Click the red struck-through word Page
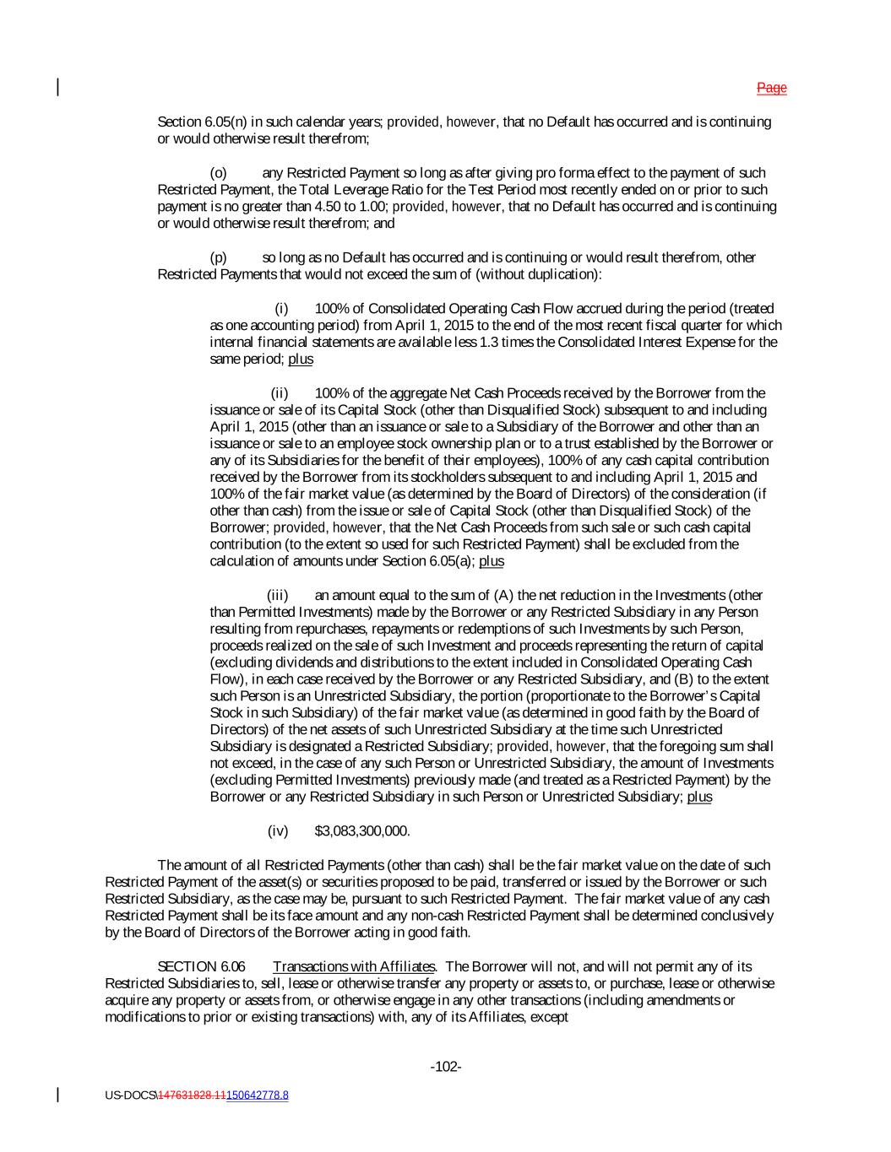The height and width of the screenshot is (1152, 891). [x=771, y=88]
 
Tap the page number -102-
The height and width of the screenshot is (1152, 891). [x=446, y=1067]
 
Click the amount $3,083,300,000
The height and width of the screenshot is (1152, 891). [x=362, y=831]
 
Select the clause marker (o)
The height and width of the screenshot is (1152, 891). [x=218, y=173]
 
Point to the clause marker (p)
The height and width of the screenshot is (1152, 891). [x=218, y=257]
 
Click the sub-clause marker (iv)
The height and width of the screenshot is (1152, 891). [x=278, y=831]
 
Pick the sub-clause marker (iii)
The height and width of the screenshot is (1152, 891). [x=278, y=595]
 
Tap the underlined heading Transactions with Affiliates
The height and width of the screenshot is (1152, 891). [x=354, y=966]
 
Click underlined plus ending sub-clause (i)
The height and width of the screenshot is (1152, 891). [x=301, y=359]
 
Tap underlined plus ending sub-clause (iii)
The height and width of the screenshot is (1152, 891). [x=699, y=798]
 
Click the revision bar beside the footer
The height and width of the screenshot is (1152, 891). [x=57, y=1095]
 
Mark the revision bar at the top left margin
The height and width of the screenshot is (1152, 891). [x=57, y=87]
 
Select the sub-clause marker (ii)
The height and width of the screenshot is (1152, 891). [x=280, y=392]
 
